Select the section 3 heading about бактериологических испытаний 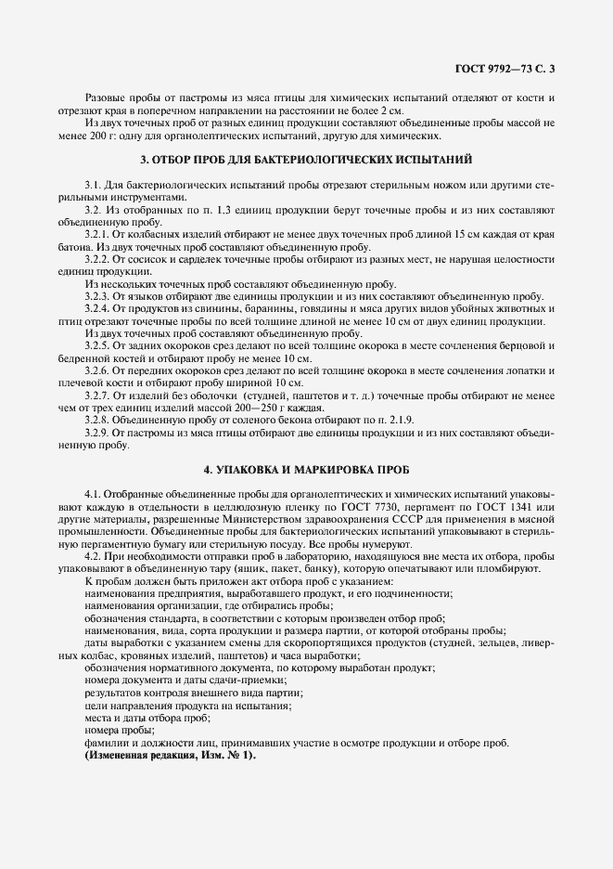(306, 159)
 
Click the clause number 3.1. (93, 187)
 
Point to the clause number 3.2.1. (98, 235)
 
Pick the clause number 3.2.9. (98, 433)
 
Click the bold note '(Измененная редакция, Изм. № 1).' (169, 757)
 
